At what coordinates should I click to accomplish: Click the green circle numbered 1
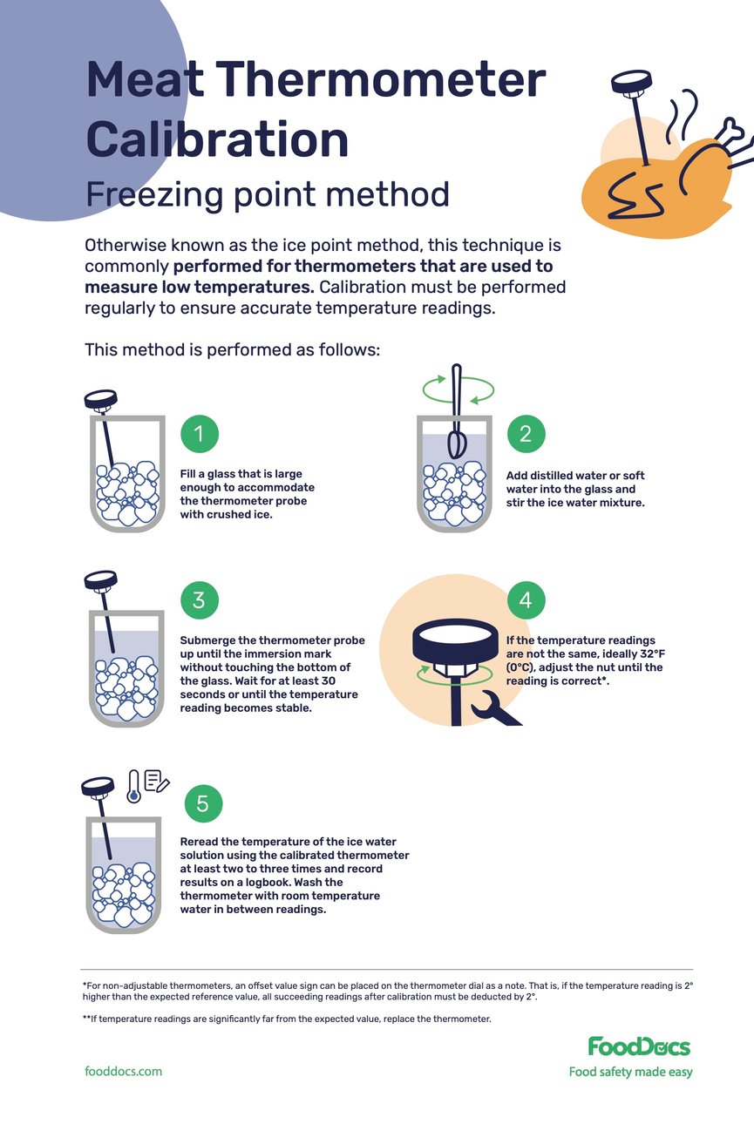(x=199, y=433)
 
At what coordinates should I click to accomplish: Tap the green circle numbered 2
(x=526, y=433)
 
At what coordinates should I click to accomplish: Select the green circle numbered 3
(x=199, y=599)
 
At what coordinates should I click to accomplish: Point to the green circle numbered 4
(x=526, y=599)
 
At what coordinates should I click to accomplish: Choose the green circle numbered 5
(x=203, y=802)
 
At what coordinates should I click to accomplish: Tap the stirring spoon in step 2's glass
(x=456, y=418)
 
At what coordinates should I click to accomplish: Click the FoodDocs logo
(x=639, y=1046)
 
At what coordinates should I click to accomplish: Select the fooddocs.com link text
(x=123, y=1071)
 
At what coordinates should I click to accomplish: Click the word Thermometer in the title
(x=381, y=80)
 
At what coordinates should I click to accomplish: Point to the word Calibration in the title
(x=217, y=139)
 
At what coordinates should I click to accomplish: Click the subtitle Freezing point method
(x=267, y=193)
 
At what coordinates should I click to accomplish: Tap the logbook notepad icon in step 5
(x=157, y=782)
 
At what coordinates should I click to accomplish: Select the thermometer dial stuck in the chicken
(x=631, y=84)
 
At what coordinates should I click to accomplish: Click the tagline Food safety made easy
(x=630, y=1072)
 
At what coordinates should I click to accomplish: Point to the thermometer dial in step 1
(x=100, y=399)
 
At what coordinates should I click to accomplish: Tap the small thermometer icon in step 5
(x=133, y=785)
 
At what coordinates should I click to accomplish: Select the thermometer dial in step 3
(x=100, y=579)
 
